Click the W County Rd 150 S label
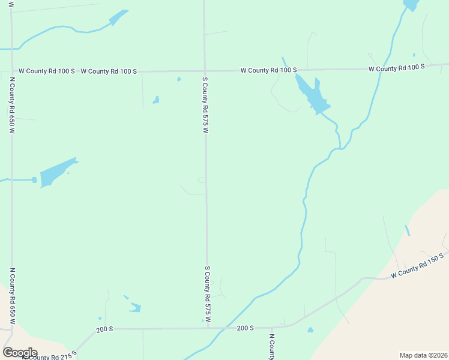(x=417, y=266)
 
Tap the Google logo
(x=20, y=353)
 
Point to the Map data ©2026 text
(x=424, y=355)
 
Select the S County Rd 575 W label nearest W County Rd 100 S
(x=205, y=104)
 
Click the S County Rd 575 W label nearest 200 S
(x=208, y=295)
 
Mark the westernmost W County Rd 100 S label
(x=46, y=71)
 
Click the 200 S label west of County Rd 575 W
(x=104, y=329)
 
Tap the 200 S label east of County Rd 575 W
(x=246, y=328)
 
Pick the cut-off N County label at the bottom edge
(x=271, y=347)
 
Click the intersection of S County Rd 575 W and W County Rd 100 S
(x=205, y=71)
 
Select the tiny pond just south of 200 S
(x=310, y=330)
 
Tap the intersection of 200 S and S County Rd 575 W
(x=208, y=328)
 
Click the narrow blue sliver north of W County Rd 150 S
(x=408, y=230)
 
